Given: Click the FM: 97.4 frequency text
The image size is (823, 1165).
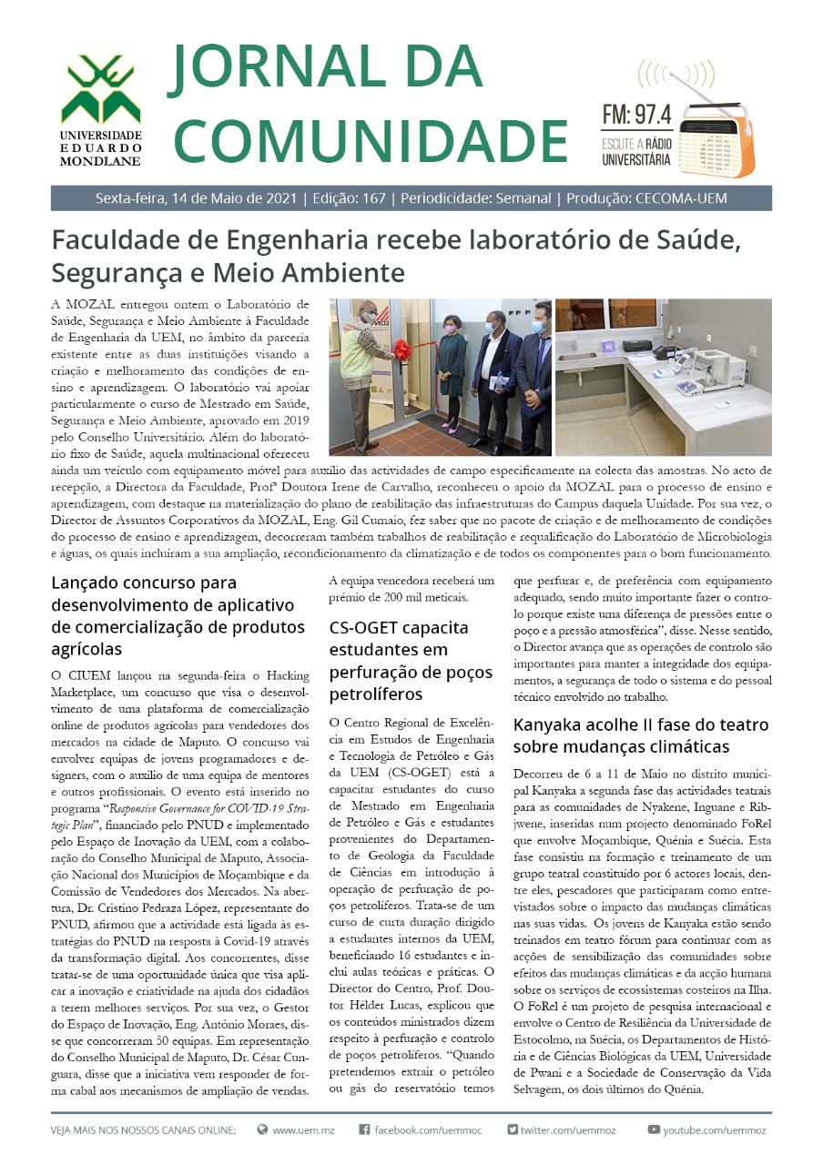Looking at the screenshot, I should click(636, 115).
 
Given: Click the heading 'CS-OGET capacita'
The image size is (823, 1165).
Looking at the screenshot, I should click(400, 628).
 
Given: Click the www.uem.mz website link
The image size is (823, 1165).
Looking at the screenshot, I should click(303, 1130).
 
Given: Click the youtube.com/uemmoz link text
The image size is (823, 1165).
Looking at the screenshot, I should click(715, 1130).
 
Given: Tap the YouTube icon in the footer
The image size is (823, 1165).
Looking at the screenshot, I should click(653, 1130).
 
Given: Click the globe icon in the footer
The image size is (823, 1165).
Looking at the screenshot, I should click(262, 1130).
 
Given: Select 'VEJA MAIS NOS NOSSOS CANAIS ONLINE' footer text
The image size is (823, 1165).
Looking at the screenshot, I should click(144, 1130).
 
